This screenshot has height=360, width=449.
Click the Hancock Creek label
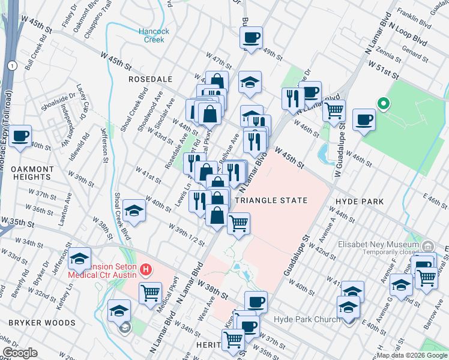pos(154,35)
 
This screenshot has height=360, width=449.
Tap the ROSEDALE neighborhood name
pos(150,79)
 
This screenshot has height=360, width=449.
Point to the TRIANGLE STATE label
pos(271,200)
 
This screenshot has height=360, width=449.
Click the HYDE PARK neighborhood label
pos(360,202)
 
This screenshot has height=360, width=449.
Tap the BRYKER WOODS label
pos(41,323)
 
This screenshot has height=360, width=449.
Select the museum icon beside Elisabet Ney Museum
pos(428,245)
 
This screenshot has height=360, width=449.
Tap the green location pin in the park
pos(382,104)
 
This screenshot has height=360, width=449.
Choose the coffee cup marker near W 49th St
pos(251,37)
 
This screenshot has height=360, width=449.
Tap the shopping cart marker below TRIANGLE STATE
pos(238,224)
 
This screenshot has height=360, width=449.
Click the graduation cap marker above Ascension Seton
pos(79,258)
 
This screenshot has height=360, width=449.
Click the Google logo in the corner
pos(20,352)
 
